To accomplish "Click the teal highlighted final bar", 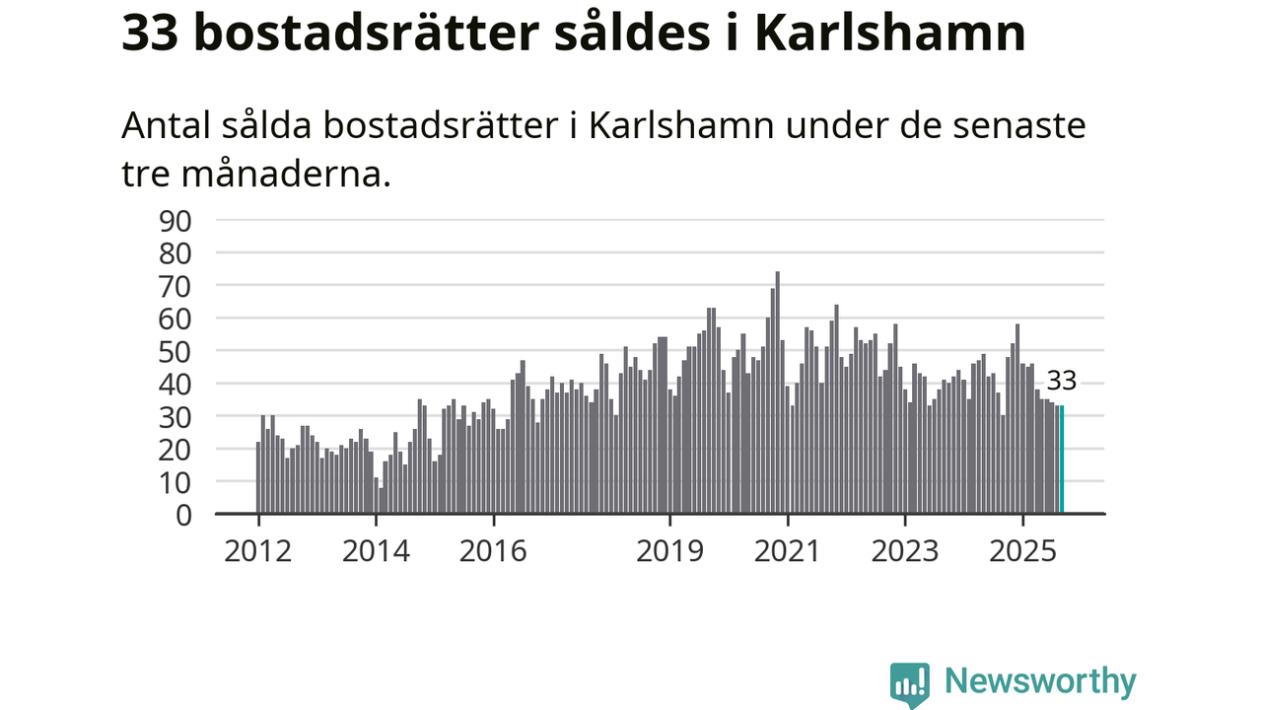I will click(1062, 460).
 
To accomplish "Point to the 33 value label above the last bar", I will click(1061, 382).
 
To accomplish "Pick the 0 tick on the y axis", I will click(184, 514).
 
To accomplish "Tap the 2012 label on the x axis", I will click(257, 550).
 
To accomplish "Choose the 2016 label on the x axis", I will click(493, 550).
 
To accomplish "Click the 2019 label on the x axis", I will click(669, 550).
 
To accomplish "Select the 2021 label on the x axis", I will click(787, 550).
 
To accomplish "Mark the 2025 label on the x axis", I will click(1022, 550).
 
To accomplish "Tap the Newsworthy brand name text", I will click(1040, 681).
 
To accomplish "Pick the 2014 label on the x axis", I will click(376, 550).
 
